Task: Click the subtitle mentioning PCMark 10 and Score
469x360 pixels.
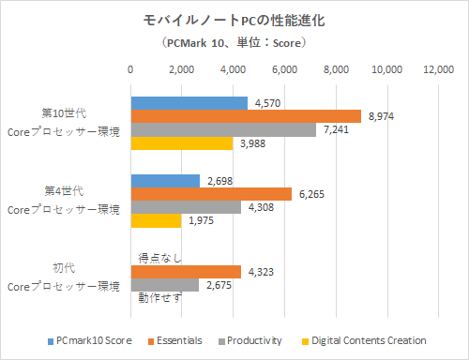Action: click(x=234, y=43)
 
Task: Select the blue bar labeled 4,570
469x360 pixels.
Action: click(x=189, y=103)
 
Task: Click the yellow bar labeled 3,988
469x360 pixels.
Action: click(x=181, y=142)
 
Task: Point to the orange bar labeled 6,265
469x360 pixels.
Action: click(x=210, y=194)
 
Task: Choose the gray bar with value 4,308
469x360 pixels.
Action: click(x=185, y=207)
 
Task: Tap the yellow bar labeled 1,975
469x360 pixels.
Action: click(x=155, y=220)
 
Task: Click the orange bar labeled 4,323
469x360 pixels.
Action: click(x=185, y=272)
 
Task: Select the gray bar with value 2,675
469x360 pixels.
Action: click(x=164, y=285)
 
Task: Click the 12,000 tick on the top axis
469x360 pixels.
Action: click(x=438, y=69)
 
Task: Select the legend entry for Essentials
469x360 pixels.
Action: click(x=177, y=340)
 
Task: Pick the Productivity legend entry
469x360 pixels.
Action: click(x=255, y=340)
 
